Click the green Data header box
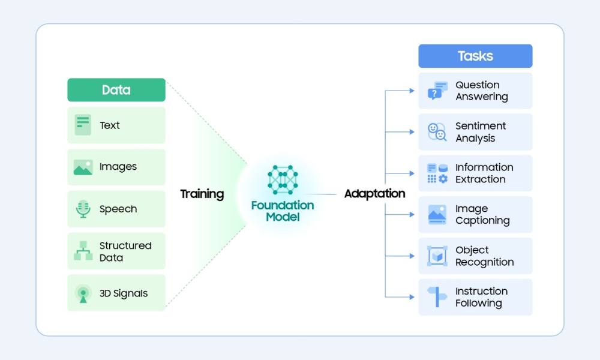pyautogui.click(x=116, y=90)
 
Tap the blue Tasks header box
pyautogui.click(x=475, y=56)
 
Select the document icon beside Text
pyautogui.click(x=83, y=125)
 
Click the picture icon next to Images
pyautogui.click(x=83, y=167)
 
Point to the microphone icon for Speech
pyautogui.click(x=83, y=209)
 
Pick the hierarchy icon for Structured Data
pyautogui.click(x=83, y=251)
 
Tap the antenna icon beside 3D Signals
pyautogui.click(x=83, y=293)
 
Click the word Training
pyautogui.click(x=202, y=194)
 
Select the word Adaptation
pyautogui.click(x=374, y=194)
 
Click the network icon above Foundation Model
pyautogui.click(x=283, y=179)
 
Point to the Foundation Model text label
pyautogui.click(x=283, y=211)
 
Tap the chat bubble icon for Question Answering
pyautogui.click(x=437, y=91)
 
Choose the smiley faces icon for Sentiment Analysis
pyautogui.click(x=437, y=132)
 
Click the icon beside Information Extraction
pyautogui.click(x=437, y=173)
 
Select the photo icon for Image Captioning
pyautogui.click(x=437, y=215)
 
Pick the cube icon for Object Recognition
pyautogui.click(x=437, y=256)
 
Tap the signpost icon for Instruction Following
pyautogui.click(x=437, y=297)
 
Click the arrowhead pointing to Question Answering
pyautogui.click(x=412, y=91)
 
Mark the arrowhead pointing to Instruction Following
pyautogui.click(x=412, y=297)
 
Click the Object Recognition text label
pyautogui.click(x=484, y=256)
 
